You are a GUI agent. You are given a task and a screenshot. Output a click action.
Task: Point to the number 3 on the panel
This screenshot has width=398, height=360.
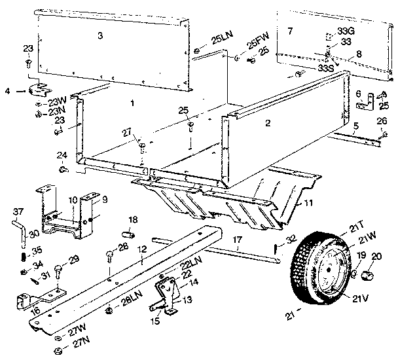click(99, 35)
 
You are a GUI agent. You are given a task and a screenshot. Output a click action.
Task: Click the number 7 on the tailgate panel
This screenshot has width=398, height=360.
click(291, 31)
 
